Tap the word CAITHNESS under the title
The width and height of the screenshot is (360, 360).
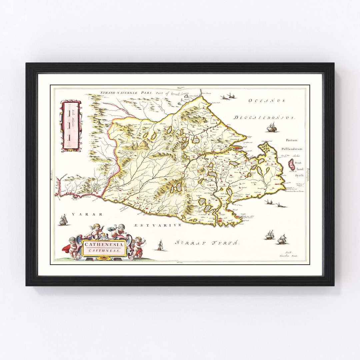coord(104,250)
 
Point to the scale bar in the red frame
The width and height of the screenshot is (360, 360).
coord(70,126)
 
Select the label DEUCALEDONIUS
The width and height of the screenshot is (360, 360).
coord(264,118)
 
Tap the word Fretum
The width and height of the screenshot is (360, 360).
coord(291,140)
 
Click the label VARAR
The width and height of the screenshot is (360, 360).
coord(89,214)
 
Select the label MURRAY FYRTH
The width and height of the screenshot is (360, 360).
coord(207,243)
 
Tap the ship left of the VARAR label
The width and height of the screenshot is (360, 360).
coord(63,220)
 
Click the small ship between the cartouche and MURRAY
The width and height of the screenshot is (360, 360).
coord(160,245)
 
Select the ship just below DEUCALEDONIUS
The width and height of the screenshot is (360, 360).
coord(272,127)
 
